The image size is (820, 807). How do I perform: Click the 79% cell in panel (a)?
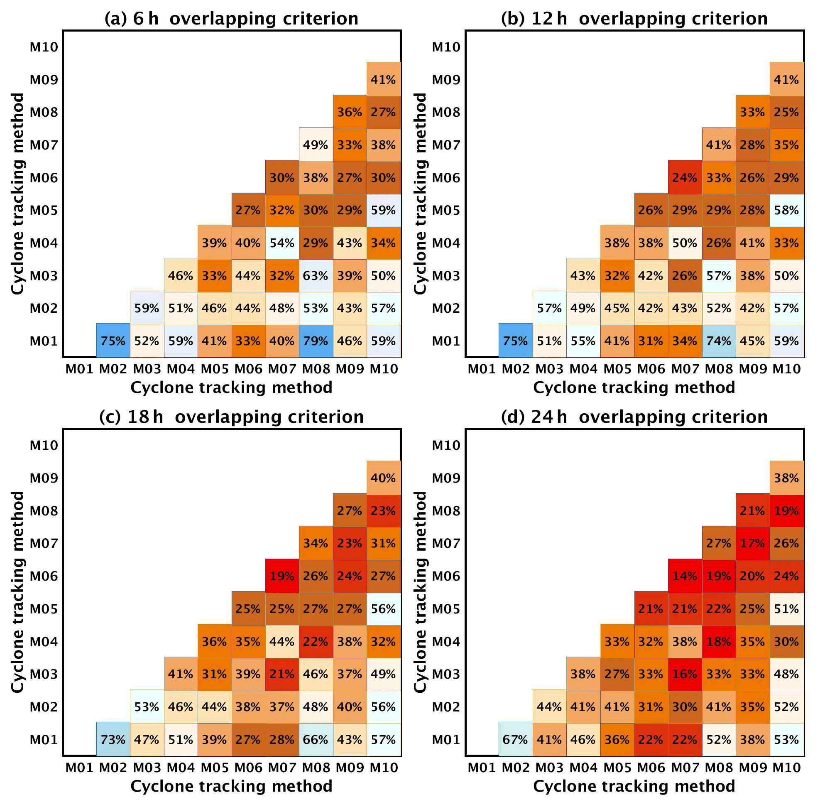click(x=316, y=341)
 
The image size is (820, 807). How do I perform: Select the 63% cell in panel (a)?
click(x=316, y=275)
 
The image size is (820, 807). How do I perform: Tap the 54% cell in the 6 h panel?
click(x=282, y=243)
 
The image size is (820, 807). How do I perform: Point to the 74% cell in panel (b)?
click(x=718, y=341)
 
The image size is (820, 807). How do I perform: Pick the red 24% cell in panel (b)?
click(x=684, y=178)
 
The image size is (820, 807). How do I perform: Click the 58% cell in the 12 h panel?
click(x=786, y=210)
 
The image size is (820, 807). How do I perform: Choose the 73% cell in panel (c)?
click(x=113, y=740)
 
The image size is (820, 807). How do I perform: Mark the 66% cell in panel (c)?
click(x=316, y=740)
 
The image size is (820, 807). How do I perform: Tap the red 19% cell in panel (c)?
click(x=282, y=576)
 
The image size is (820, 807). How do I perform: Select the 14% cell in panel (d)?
click(x=684, y=576)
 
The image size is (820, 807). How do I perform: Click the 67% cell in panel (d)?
click(x=515, y=740)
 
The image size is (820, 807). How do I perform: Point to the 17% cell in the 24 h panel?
click(x=752, y=543)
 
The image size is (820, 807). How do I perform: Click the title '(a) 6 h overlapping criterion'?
click(x=231, y=19)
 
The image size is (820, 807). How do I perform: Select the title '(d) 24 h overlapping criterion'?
click(x=634, y=417)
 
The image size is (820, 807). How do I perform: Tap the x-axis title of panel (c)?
click(x=231, y=786)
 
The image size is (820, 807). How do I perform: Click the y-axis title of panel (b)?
click(x=419, y=194)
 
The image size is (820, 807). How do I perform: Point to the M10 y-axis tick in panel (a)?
click(x=44, y=47)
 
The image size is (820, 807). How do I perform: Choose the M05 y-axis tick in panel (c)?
click(x=44, y=609)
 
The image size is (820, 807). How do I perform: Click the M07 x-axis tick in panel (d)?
click(x=685, y=768)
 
